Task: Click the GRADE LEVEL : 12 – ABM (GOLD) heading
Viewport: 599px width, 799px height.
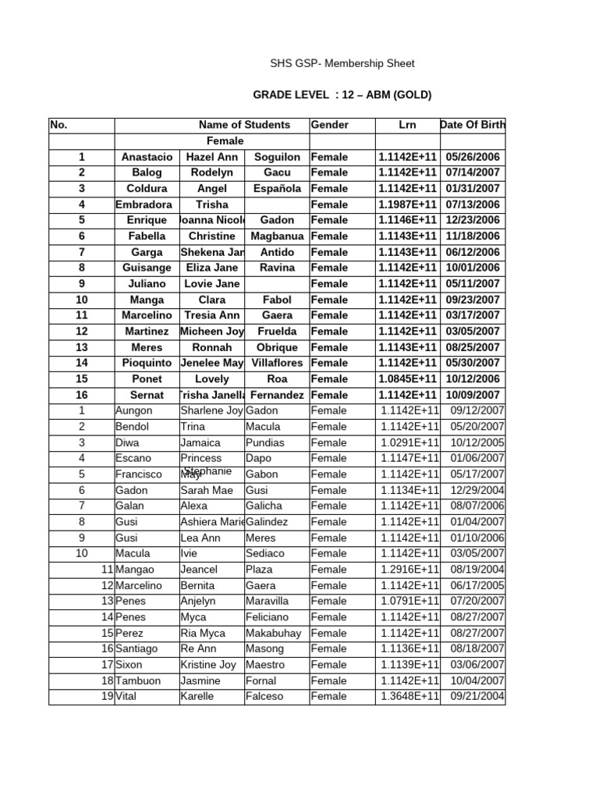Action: point(342,95)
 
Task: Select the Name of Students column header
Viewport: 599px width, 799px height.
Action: point(244,125)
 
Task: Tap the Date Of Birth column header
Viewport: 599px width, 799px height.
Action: point(473,125)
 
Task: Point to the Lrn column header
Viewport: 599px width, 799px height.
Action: point(407,125)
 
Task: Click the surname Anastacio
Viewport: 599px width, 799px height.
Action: point(147,157)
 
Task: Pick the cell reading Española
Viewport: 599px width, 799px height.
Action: point(277,189)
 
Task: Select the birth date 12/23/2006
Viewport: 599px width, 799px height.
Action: point(473,221)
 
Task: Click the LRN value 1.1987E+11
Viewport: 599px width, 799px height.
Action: point(407,204)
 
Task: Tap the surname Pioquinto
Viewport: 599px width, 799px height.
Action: point(147,363)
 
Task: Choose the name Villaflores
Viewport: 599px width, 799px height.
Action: point(277,363)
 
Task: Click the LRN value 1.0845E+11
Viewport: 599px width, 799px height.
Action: point(407,379)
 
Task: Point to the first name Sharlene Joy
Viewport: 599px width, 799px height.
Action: point(211,410)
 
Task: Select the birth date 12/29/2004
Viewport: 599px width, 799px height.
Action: point(477,490)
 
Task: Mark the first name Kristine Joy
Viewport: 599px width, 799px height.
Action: point(207,665)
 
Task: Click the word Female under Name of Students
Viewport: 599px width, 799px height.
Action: point(225,141)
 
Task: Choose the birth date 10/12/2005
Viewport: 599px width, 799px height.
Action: point(477,442)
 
